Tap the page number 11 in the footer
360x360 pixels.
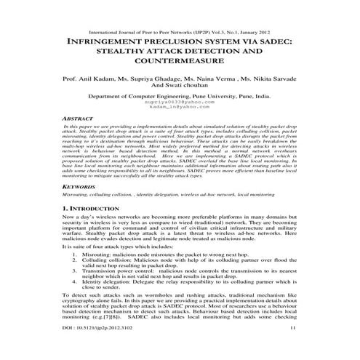click(293, 348)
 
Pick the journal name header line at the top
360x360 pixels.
click(179, 33)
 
